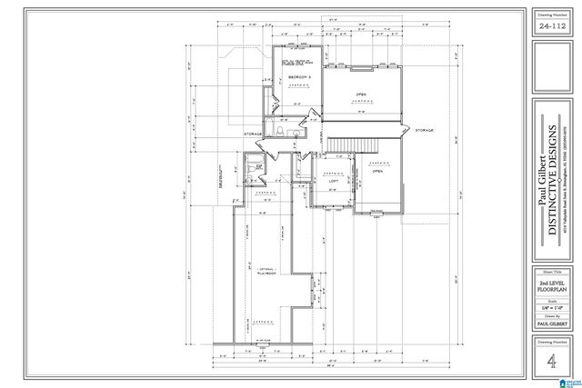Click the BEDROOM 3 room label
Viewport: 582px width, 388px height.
298,79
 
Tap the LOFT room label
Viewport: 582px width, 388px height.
333,182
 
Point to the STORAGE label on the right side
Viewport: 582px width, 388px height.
425,131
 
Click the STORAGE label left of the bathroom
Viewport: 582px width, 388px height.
253,134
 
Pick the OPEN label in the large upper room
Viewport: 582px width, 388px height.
361,93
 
